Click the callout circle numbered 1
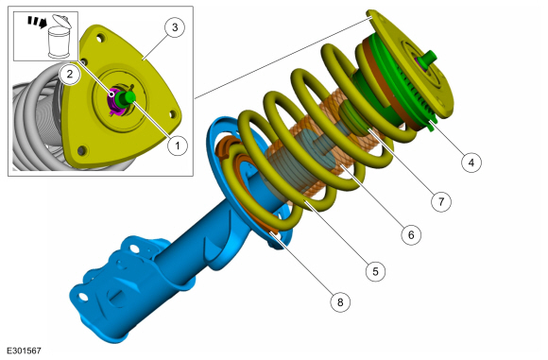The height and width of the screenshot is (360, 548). [178, 146]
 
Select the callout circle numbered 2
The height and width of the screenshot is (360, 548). [70, 74]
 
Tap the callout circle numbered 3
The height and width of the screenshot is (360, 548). [175, 26]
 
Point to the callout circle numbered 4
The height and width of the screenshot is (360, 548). [471, 163]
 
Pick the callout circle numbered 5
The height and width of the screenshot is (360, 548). [376, 271]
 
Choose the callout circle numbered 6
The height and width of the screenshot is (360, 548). [411, 234]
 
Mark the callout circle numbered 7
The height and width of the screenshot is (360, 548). [441, 201]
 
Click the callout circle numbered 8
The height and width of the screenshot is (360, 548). [340, 301]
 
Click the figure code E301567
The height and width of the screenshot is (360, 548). [24, 351]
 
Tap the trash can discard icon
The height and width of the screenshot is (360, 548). [60, 37]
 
